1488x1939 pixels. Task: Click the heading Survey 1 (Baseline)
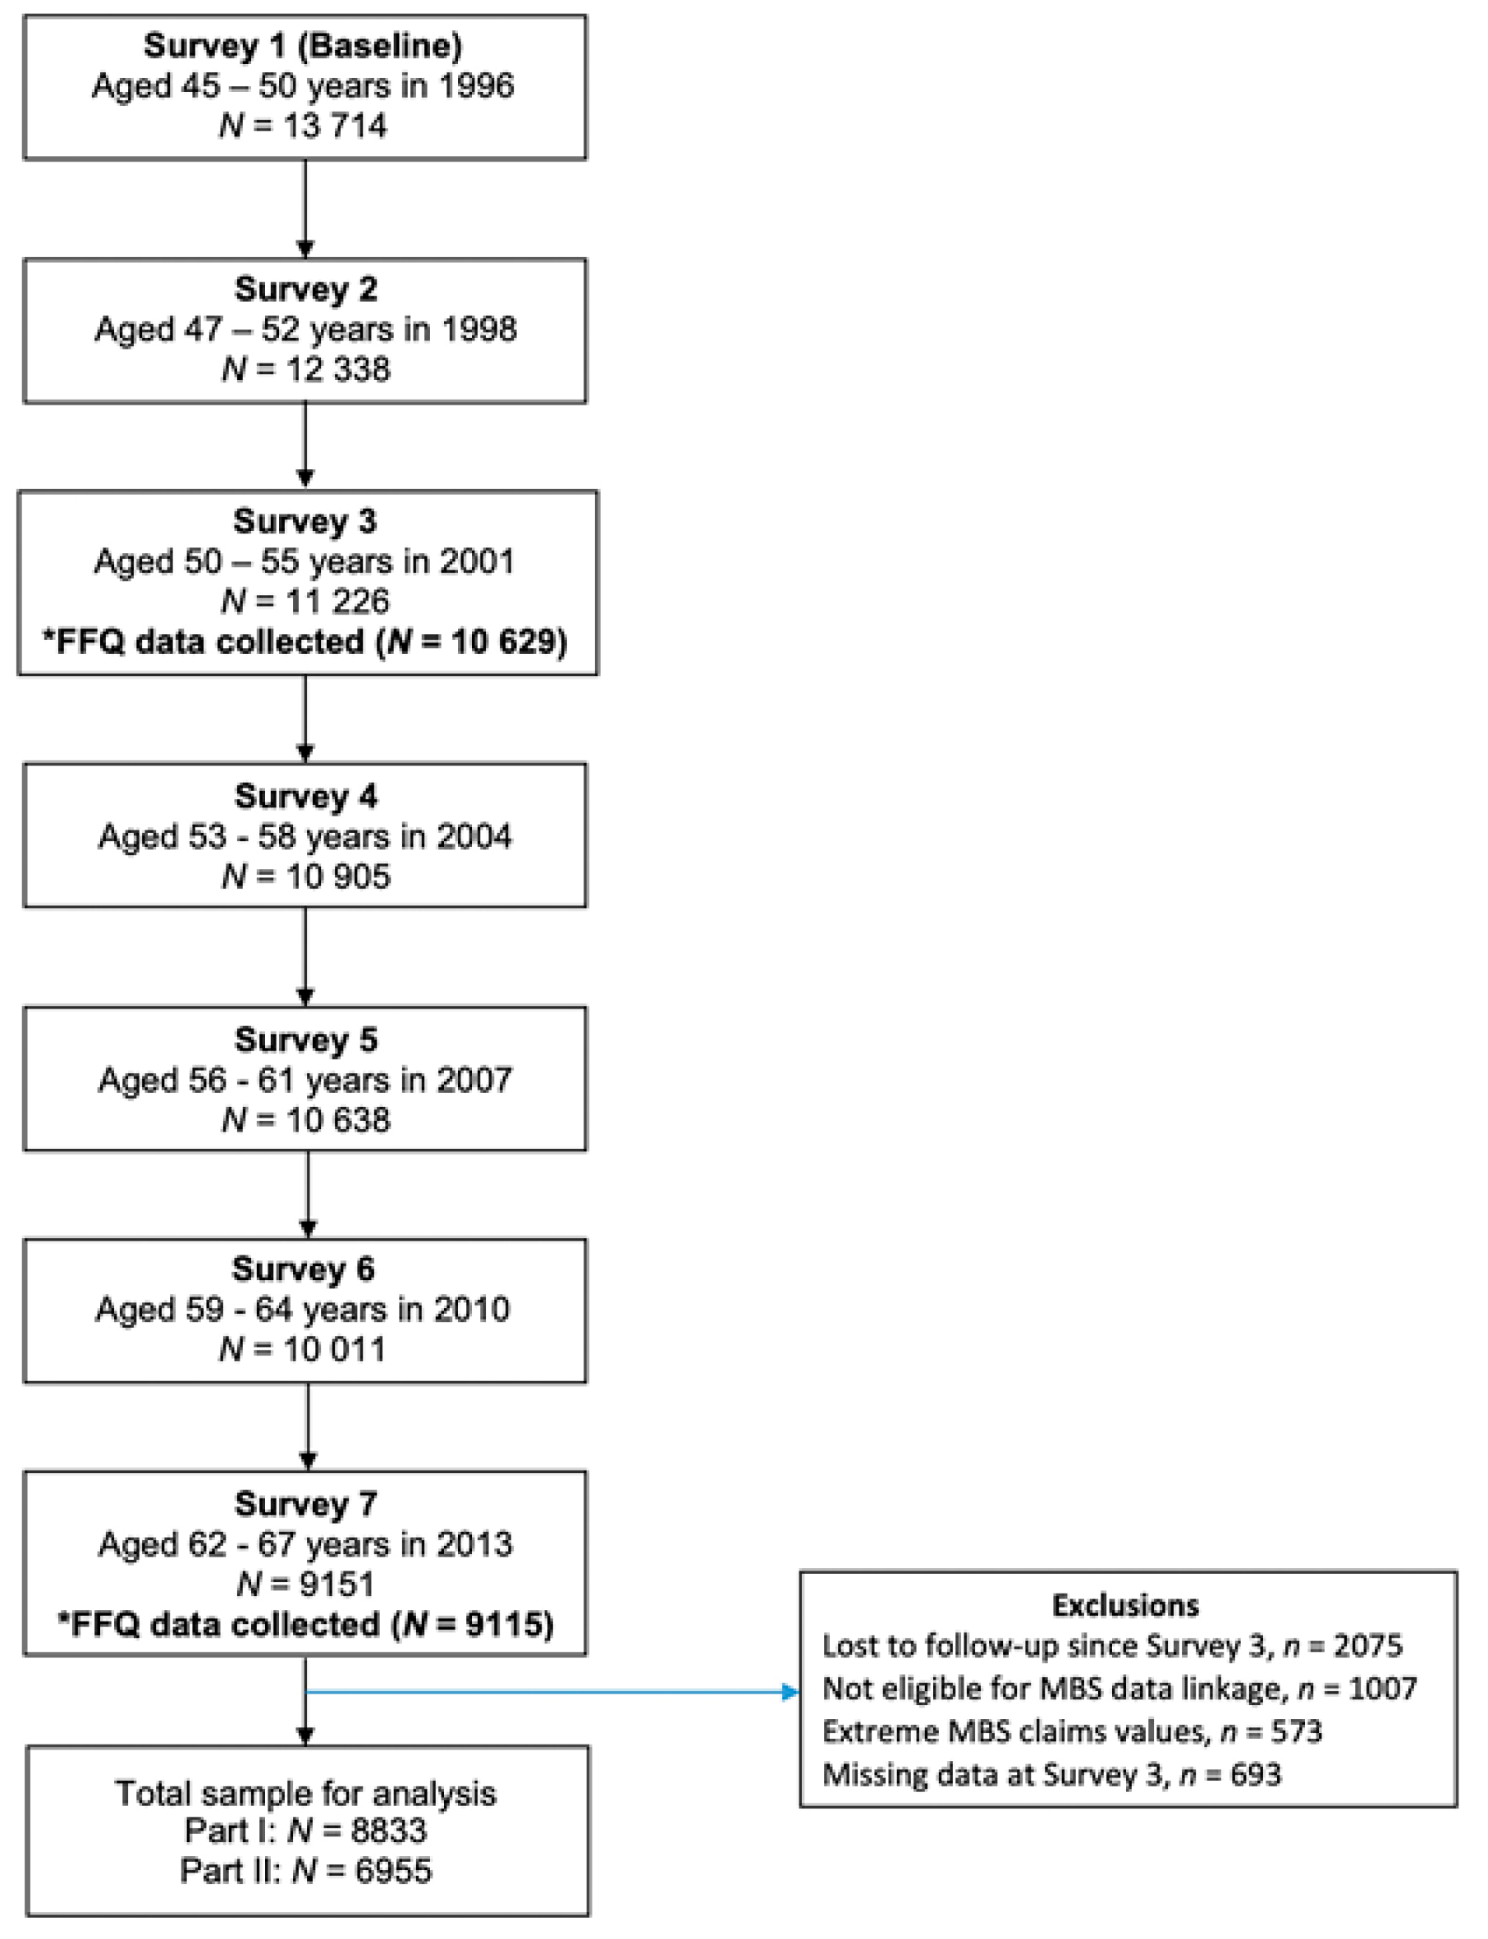coord(303,46)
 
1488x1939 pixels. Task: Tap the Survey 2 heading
coord(305,290)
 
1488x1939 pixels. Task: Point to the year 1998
coord(479,329)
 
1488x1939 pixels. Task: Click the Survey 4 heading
coord(305,796)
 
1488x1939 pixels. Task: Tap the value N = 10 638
coord(305,1120)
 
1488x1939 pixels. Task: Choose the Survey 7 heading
coord(305,1503)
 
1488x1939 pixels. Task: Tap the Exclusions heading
coord(1125,1605)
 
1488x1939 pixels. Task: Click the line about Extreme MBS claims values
coord(1072,1731)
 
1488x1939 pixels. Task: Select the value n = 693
coord(1230,1774)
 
